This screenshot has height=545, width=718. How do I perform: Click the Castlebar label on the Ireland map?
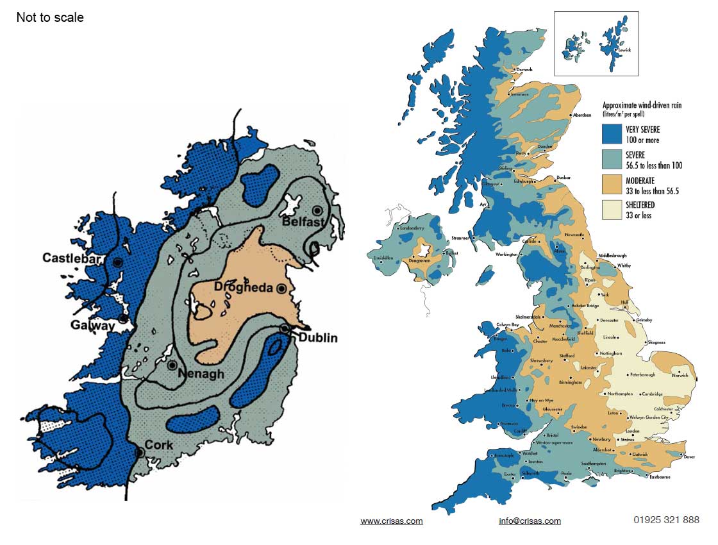(73, 258)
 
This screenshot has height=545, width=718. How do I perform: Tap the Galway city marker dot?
(123, 319)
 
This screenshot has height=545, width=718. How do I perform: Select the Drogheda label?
(243, 287)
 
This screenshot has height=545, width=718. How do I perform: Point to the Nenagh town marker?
(172, 365)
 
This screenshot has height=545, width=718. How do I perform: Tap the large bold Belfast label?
(303, 222)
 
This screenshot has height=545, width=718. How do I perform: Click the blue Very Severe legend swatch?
(612, 133)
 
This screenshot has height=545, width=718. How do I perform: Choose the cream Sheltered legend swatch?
(612, 210)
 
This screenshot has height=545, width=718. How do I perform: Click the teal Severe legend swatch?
(612, 159)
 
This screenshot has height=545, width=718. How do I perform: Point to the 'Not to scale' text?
(50, 17)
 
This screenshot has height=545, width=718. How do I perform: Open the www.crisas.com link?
(392, 521)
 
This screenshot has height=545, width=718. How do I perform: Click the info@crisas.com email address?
(530, 521)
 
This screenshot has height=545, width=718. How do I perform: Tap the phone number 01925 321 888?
(665, 520)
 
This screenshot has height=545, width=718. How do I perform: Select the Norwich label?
(680, 376)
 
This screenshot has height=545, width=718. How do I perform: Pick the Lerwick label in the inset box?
(624, 49)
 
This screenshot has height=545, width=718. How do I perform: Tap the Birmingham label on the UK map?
(570, 383)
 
